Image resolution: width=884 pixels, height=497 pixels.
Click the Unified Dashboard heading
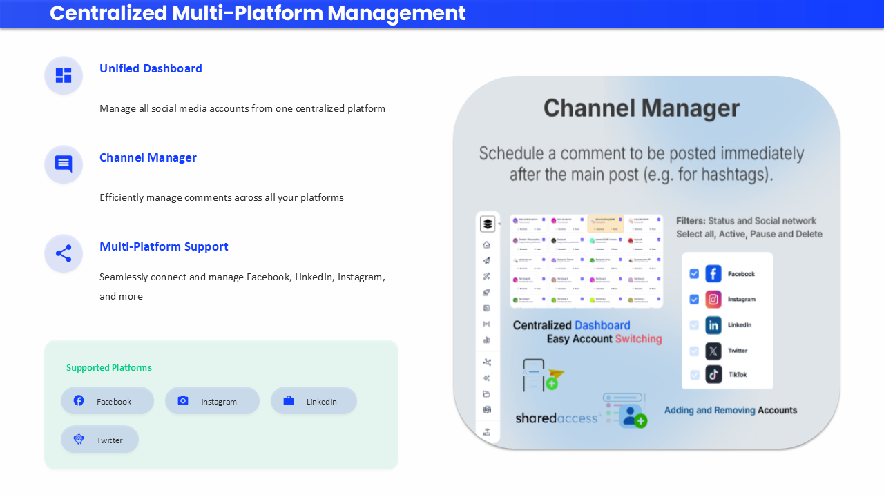(151, 68)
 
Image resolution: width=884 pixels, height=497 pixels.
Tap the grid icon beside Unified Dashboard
(64, 75)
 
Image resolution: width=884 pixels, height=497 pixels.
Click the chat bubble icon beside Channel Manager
(64, 164)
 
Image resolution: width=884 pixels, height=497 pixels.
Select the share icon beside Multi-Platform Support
(64, 253)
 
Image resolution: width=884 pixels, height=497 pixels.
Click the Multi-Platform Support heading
(164, 246)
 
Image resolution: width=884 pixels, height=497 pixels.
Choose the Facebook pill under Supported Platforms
(107, 401)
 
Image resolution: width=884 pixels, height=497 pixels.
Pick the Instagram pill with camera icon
(212, 401)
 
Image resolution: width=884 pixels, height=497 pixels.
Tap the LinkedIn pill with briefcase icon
(314, 401)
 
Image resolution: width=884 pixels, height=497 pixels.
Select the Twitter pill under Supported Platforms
(100, 440)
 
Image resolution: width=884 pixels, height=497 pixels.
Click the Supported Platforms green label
(109, 368)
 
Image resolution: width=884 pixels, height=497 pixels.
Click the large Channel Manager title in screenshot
(642, 108)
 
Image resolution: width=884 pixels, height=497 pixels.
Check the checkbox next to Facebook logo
(694, 274)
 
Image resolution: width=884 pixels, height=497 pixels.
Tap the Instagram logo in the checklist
(713, 300)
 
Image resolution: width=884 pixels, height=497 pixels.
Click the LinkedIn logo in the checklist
(713, 325)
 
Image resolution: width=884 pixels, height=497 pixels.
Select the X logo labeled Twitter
(713, 351)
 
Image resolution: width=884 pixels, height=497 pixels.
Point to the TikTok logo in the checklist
(713, 375)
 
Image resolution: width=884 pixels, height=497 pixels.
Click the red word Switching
(639, 339)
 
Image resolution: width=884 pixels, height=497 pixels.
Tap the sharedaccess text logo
(556, 418)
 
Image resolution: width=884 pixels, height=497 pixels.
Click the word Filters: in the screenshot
(691, 221)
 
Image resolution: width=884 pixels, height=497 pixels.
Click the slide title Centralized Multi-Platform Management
(258, 13)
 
